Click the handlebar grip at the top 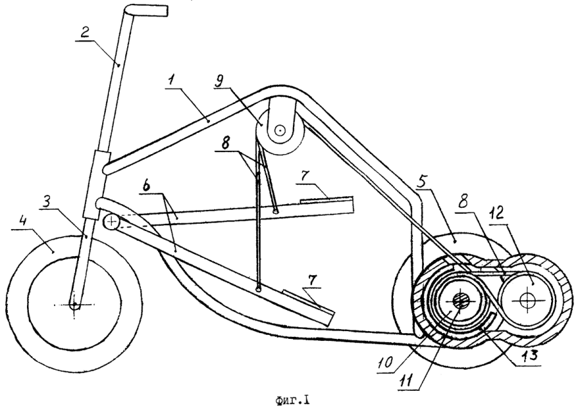(x=150, y=11)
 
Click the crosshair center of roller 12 (x=528, y=300)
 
